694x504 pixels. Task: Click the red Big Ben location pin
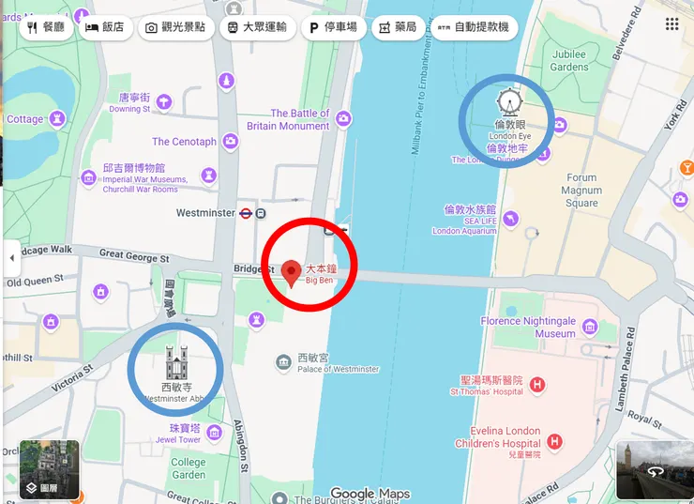[292, 272]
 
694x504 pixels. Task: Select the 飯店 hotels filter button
[104, 27]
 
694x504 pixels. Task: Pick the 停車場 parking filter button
[334, 27]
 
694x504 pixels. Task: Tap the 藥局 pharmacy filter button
[397, 27]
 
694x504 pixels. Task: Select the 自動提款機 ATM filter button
[474, 27]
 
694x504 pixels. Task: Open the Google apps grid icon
[671, 24]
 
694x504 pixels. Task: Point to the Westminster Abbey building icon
[176, 361]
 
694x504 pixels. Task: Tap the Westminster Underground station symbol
[247, 213]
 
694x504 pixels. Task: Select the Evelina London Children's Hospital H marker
[554, 440]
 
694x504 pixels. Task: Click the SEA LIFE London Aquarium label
[465, 220]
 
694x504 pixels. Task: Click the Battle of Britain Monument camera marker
[344, 118]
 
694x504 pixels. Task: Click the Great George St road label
[134, 256]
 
